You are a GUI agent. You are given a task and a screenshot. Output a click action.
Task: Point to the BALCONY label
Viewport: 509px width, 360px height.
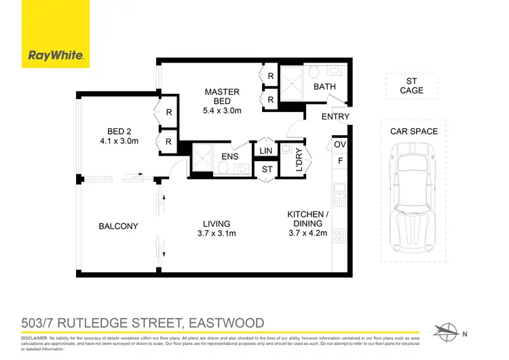click(118, 226)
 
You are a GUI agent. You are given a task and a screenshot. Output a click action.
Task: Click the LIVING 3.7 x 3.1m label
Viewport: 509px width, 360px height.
click(216, 228)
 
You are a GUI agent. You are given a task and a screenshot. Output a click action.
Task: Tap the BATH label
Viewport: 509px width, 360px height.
click(324, 88)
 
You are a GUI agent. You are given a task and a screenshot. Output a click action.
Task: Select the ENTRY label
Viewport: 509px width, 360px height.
click(335, 117)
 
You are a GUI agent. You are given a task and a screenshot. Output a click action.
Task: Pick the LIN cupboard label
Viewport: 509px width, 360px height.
click(265, 151)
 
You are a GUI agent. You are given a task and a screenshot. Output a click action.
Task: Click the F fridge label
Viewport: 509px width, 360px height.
click(341, 162)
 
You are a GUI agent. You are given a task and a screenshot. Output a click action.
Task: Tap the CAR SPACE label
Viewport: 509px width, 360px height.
click(414, 131)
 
